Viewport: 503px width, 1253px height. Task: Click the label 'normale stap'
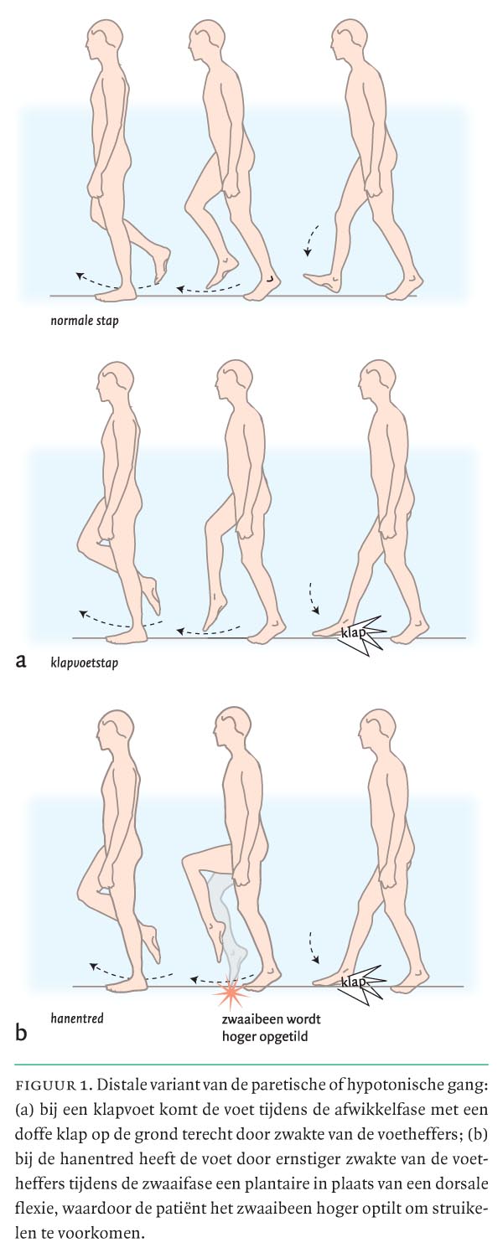[x=84, y=321]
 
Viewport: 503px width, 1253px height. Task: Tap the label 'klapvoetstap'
[x=84, y=663]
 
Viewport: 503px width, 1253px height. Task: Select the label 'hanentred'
[x=77, y=1018]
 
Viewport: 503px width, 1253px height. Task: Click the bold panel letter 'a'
[x=21, y=661]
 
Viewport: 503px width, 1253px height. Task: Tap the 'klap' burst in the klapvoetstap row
[x=362, y=635]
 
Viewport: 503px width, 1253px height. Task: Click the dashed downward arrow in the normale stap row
[x=311, y=240]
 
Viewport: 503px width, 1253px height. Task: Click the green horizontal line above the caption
[x=251, y=1064]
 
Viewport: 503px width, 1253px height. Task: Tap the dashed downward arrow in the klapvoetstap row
[x=313, y=598]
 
